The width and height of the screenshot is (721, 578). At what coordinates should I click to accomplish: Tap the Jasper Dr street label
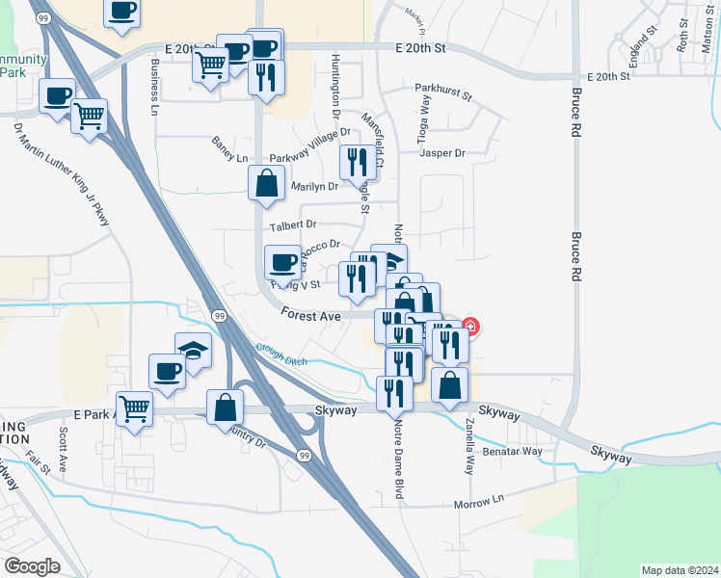[x=442, y=153]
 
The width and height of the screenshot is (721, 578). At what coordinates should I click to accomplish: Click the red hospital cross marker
[x=470, y=326]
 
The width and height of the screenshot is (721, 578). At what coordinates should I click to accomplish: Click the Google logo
[x=33, y=565]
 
